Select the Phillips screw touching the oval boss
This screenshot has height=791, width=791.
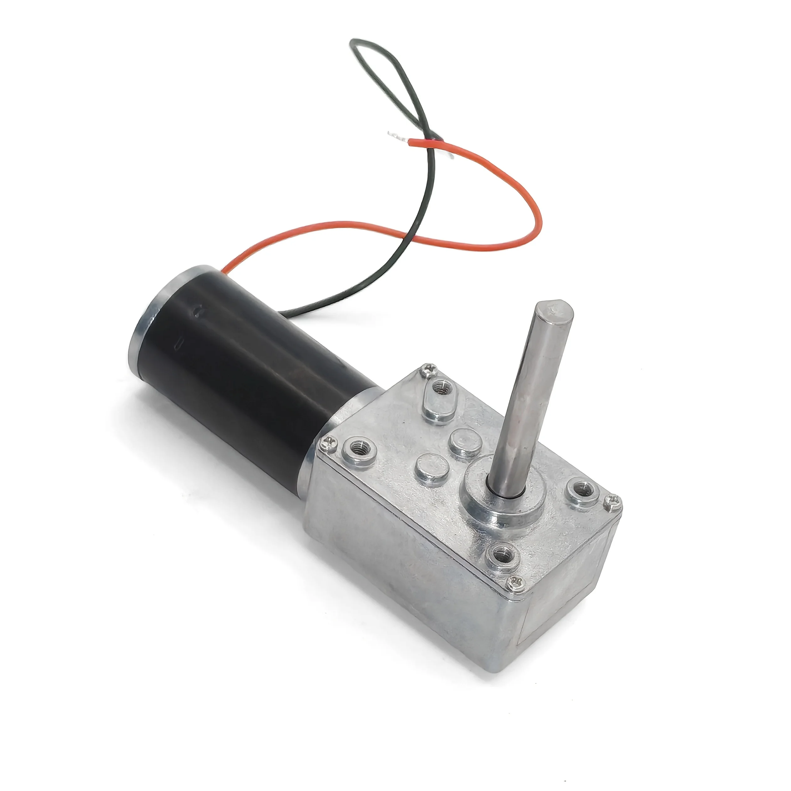429,370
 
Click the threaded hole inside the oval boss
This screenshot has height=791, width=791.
441,386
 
